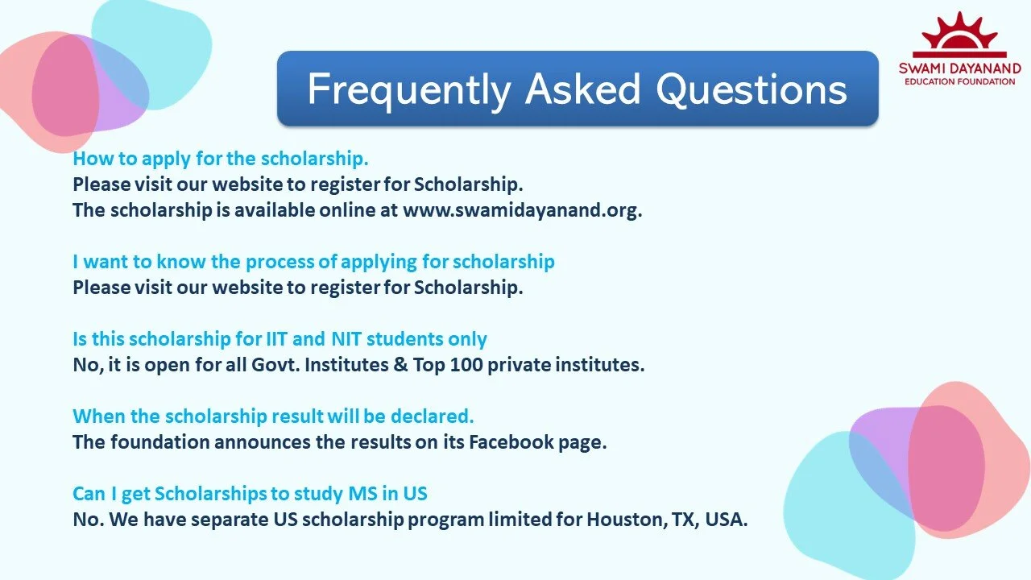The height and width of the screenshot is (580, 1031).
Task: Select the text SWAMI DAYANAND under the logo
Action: tap(959, 68)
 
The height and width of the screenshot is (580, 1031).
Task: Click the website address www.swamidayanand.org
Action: tap(522, 211)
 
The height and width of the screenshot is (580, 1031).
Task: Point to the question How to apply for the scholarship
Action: tap(221, 158)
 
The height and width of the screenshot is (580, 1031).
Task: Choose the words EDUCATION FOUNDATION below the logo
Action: tap(959, 81)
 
